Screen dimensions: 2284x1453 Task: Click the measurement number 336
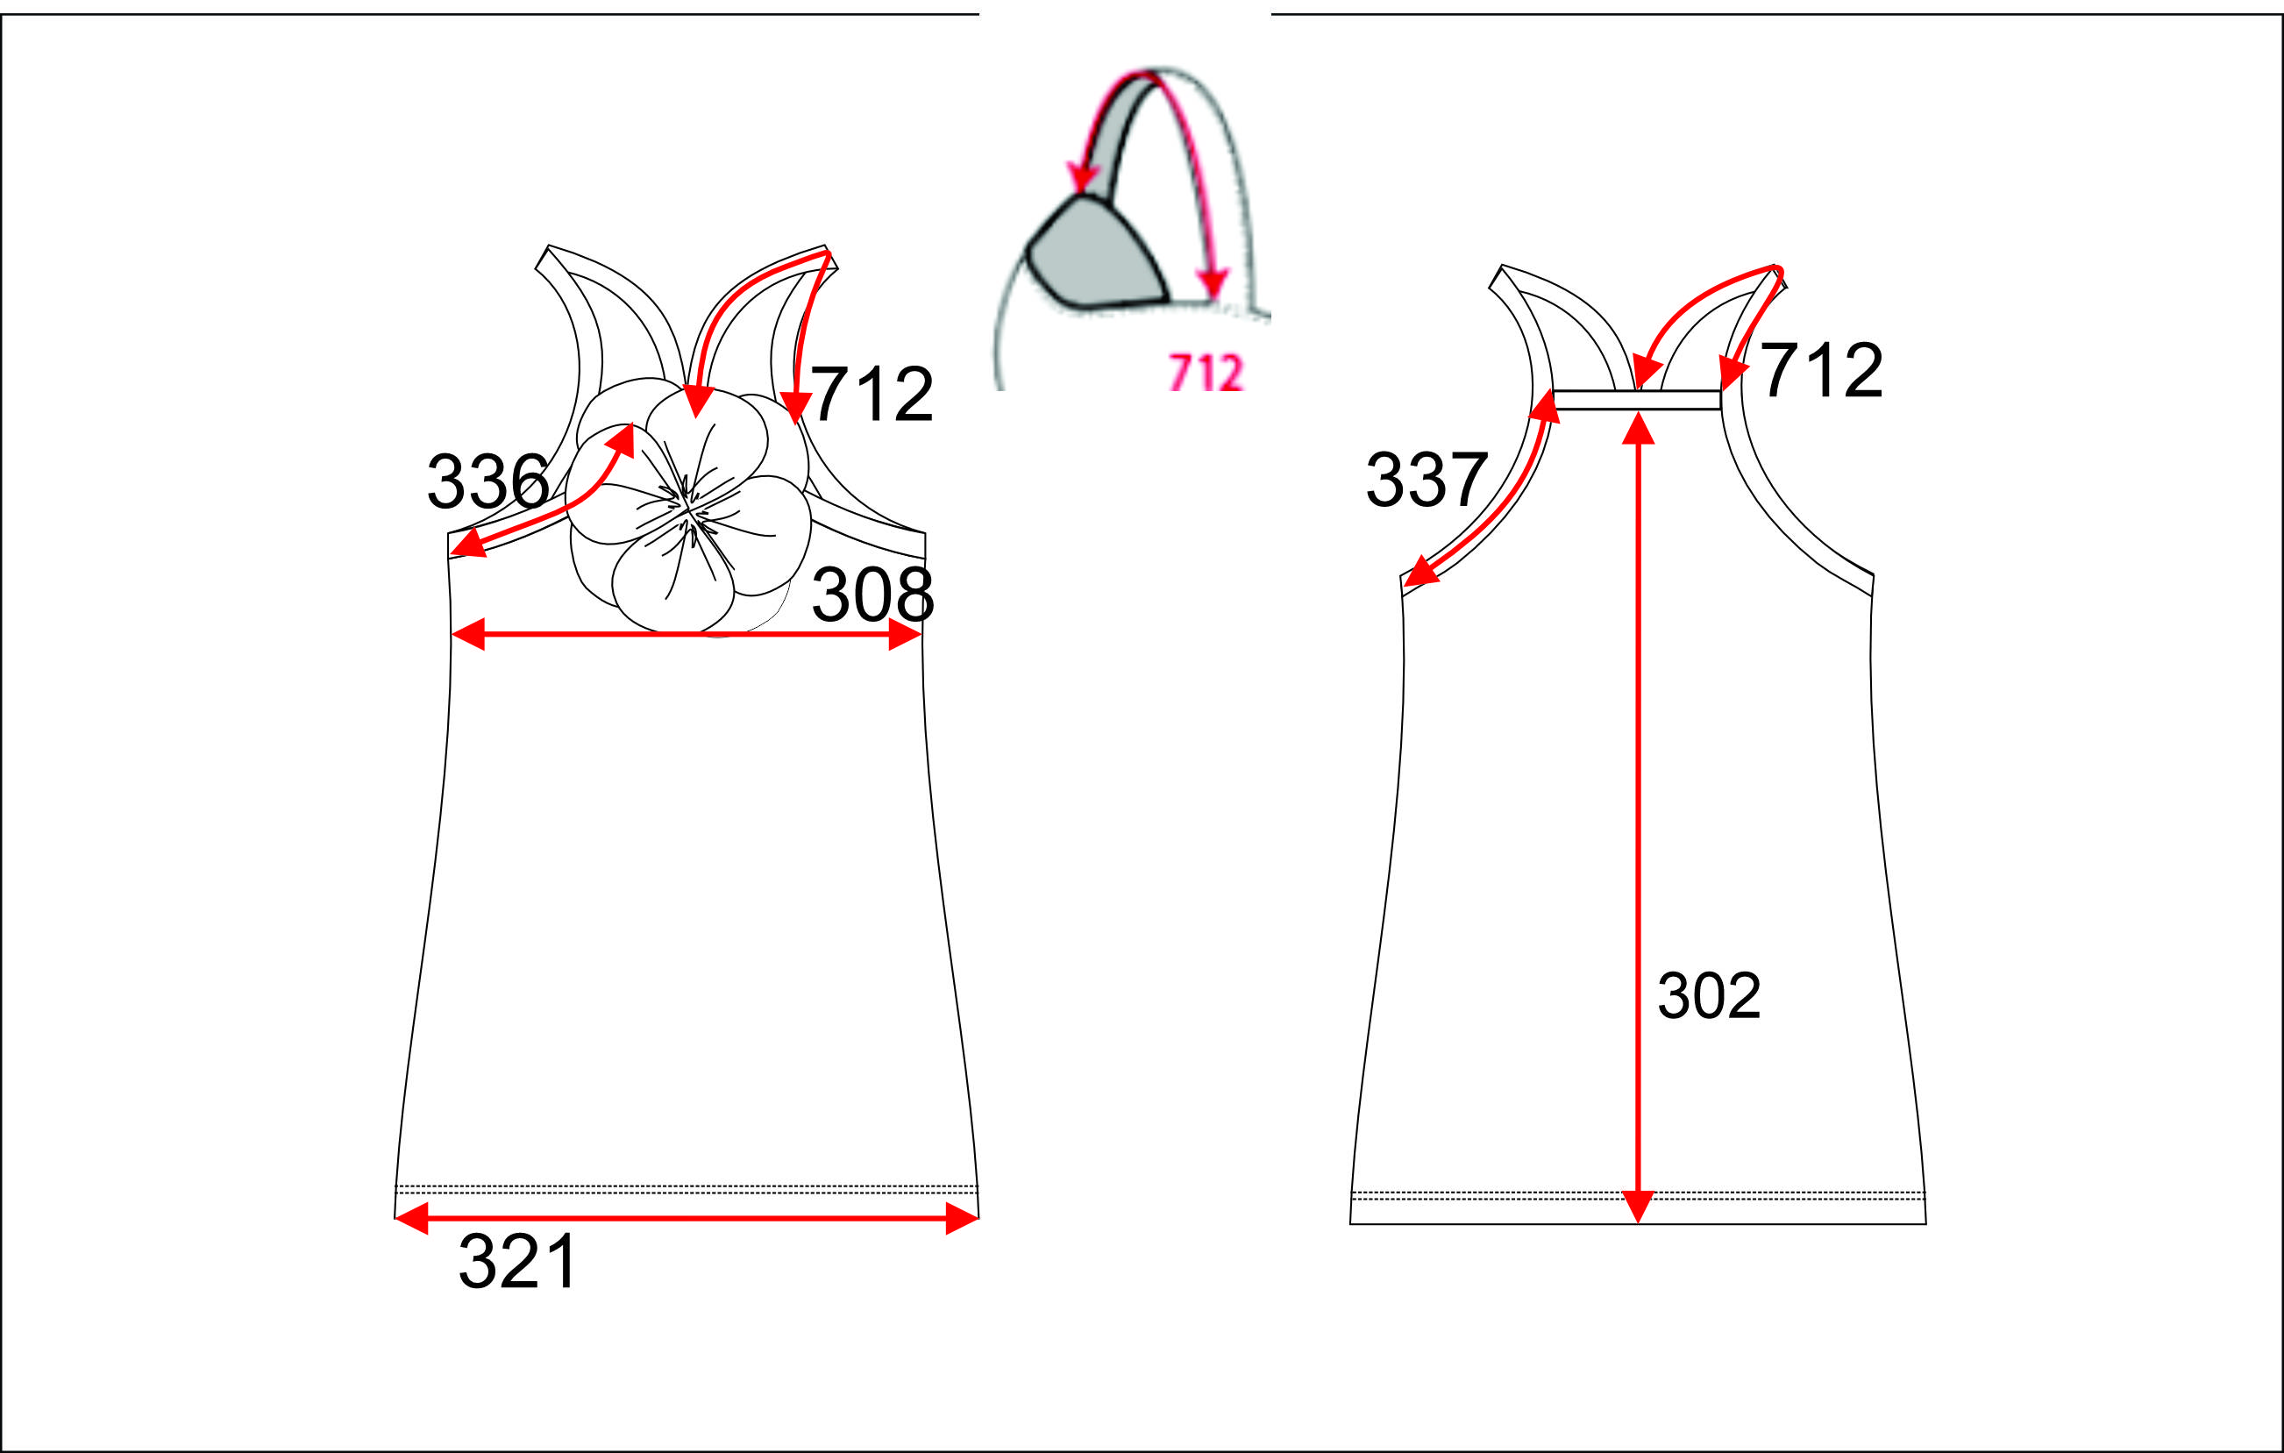[x=487, y=481]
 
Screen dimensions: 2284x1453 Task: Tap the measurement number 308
[x=872, y=595]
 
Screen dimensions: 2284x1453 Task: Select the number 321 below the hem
[x=517, y=1262]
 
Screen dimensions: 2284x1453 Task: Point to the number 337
[x=1427, y=479]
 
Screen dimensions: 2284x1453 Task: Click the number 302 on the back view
[x=1709, y=995]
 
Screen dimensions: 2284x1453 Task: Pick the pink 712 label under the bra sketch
[x=1206, y=372]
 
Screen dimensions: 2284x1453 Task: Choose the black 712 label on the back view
[x=1821, y=370]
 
